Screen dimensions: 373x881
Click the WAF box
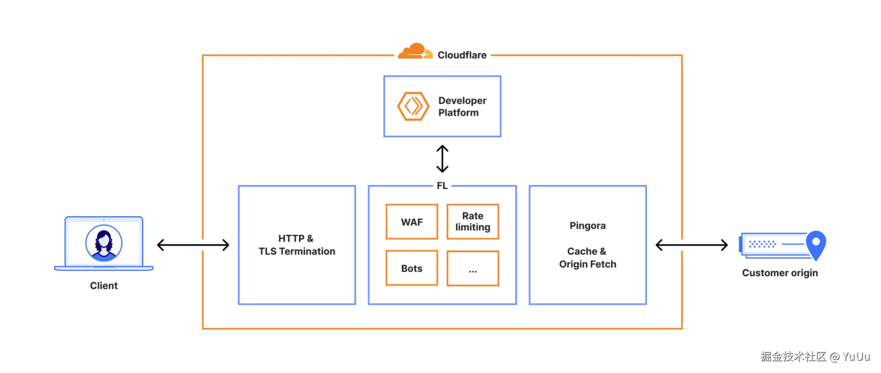(x=412, y=222)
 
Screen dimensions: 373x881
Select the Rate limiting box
(x=472, y=222)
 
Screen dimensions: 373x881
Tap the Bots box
(x=412, y=268)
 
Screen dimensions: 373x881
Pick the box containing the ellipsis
(x=472, y=269)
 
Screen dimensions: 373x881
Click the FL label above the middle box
(x=442, y=186)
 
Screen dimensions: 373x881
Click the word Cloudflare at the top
(x=462, y=55)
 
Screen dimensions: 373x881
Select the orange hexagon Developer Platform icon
(x=413, y=106)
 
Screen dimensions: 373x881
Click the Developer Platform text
(x=462, y=107)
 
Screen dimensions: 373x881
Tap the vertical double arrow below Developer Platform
(x=442, y=159)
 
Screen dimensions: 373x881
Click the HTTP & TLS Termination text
(x=297, y=245)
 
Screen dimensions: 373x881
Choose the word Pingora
(x=587, y=226)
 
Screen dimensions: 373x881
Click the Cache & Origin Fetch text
(x=587, y=257)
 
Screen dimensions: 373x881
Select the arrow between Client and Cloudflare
(x=193, y=245)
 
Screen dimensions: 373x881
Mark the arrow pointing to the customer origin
(x=691, y=245)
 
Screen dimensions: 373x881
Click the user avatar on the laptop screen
(x=104, y=243)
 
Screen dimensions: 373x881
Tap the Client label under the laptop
(x=104, y=286)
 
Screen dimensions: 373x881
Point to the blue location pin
(x=816, y=244)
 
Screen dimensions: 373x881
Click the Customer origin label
(x=780, y=273)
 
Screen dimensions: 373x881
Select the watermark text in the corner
(x=815, y=356)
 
